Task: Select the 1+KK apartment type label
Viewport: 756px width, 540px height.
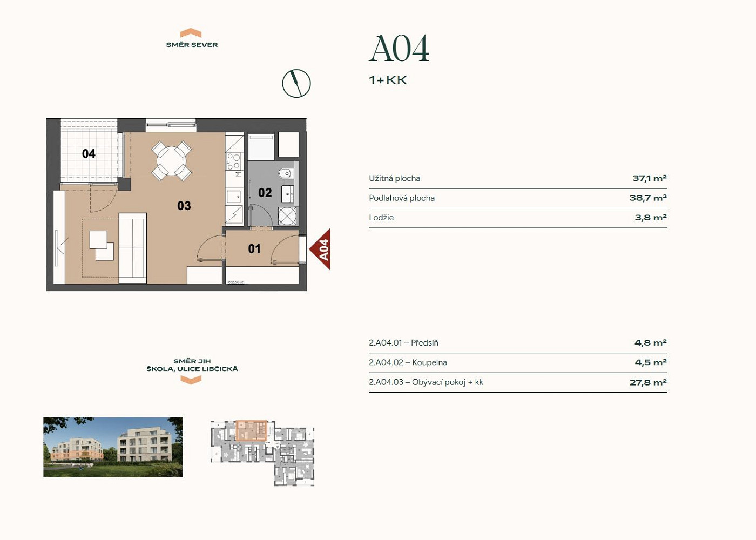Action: [x=388, y=80]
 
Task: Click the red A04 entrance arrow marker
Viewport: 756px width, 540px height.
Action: [x=320, y=249]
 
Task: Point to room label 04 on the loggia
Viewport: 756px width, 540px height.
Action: [x=89, y=153]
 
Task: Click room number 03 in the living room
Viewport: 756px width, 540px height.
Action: [x=184, y=206]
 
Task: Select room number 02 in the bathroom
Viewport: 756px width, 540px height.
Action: [x=265, y=193]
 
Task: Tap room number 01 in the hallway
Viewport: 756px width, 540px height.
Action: [x=254, y=249]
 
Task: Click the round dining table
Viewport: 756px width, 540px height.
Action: [x=172, y=161]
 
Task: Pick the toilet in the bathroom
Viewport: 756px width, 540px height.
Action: [x=286, y=174]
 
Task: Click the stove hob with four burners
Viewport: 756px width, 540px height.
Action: [x=233, y=161]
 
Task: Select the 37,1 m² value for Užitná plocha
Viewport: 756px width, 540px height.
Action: [x=649, y=178]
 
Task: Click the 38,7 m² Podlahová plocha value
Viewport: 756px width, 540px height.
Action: [x=648, y=198]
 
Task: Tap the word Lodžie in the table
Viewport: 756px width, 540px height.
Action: [x=381, y=217]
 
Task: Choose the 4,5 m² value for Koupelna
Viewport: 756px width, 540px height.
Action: [x=651, y=362]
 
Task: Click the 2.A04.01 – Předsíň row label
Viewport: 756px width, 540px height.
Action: [x=404, y=343]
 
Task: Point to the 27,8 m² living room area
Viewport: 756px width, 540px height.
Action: [x=648, y=382]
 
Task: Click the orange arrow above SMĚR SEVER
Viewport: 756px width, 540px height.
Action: [x=191, y=33]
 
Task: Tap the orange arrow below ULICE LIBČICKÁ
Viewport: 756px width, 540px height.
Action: [x=191, y=380]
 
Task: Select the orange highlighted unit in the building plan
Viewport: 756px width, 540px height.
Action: [x=252, y=431]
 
